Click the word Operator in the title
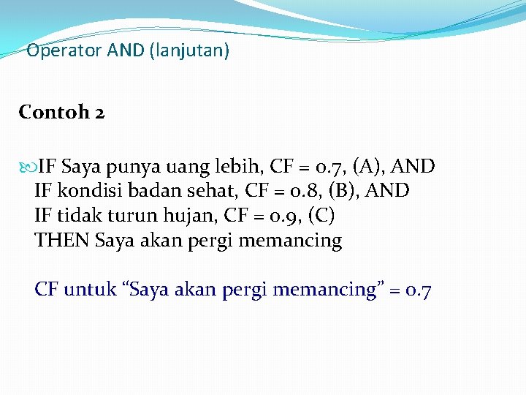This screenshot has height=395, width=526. coord(64,52)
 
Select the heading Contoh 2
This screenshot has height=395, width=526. coord(62,113)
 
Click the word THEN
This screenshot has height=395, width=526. coord(63,241)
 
